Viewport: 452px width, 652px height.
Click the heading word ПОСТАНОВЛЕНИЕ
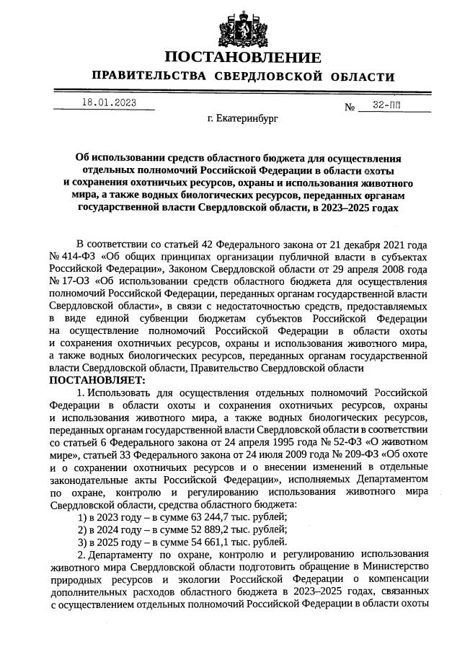tap(242, 58)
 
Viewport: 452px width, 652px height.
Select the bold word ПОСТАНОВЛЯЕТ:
tap(97, 379)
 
